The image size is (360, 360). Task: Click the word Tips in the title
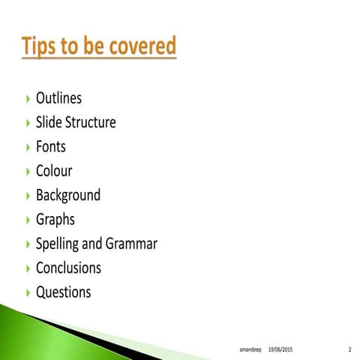pos(43,46)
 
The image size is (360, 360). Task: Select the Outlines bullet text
pos(58,98)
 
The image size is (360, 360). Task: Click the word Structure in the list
pos(90,122)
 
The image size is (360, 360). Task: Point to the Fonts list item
pos(51,146)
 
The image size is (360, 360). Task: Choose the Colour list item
pos(54,170)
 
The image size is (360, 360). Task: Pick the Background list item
pos(68,195)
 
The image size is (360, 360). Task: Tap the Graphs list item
pos(55,220)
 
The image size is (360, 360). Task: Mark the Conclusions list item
pos(68,268)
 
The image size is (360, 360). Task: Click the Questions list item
pos(64,292)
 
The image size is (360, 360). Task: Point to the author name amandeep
pos(249,349)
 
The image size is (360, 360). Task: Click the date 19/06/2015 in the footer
pos(280,349)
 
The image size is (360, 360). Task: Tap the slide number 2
pos(349,349)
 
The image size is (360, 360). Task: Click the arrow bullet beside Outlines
pos(28,99)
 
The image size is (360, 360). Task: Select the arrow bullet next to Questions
pos(28,292)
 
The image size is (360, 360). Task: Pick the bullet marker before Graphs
pos(28,220)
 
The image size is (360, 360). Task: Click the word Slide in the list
pos(47,122)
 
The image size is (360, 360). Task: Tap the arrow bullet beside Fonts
pos(28,147)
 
